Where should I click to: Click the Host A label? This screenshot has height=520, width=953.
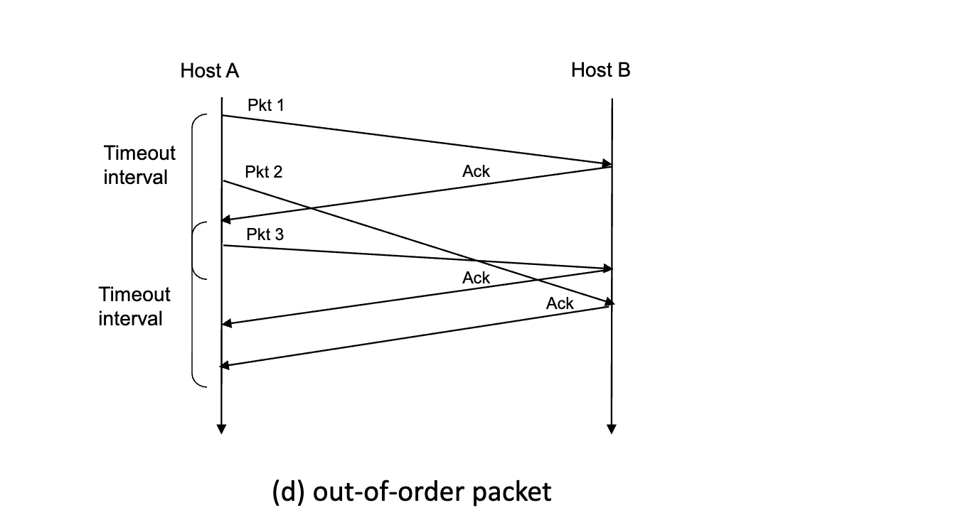pyautogui.click(x=210, y=70)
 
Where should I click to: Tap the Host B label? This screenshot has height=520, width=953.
pyautogui.click(x=600, y=70)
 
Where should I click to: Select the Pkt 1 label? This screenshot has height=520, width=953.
pyautogui.click(x=265, y=105)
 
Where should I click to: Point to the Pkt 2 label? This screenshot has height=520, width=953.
pyautogui.click(x=263, y=172)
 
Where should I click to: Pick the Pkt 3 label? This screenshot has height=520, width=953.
pyautogui.click(x=265, y=234)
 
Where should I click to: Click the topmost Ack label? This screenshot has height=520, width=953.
pyautogui.click(x=476, y=171)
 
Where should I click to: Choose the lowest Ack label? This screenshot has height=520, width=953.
pyautogui.click(x=560, y=303)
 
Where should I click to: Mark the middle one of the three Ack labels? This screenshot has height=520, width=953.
pyautogui.click(x=476, y=278)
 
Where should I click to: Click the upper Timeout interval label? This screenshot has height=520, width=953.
pyautogui.click(x=139, y=165)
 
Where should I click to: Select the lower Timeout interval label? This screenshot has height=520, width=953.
pyautogui.click(x=134, y=306)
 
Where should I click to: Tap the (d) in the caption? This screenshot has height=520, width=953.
pyautogui.click(x=289, y=492)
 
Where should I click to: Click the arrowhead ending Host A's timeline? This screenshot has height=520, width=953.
pyautogui.click(x=221, y=428)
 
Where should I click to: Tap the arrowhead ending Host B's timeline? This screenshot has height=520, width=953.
pyautogui.click(x=611, y=428)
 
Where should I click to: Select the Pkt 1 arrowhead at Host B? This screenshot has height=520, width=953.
pyautogui.click(x=607, y=164)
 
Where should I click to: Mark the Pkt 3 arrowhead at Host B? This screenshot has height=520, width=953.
pyautogui.click(x=607, y=269)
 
